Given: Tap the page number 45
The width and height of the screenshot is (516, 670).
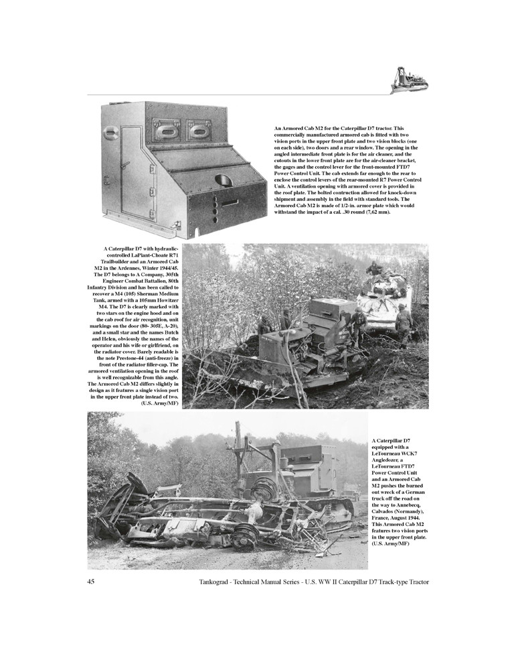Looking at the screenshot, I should [91, 581].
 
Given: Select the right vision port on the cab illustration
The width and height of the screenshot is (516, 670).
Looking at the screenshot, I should [199, 128].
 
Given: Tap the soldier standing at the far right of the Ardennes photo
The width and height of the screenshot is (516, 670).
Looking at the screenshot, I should [404, 320].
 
